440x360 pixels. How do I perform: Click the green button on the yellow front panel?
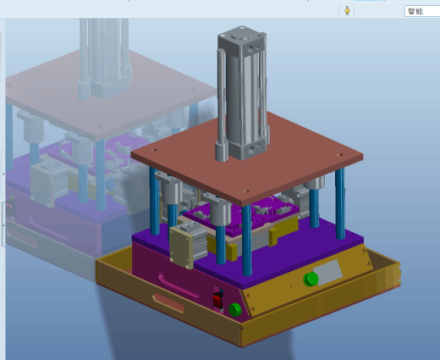tap(311, 279)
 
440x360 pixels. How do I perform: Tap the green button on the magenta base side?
tap(234, 310)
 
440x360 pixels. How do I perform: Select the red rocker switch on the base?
tap(217, 300)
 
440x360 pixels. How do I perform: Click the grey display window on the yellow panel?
tap(327, 273)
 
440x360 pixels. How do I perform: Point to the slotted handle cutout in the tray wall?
tap(168, 303)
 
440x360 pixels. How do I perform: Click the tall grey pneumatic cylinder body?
tap(243, 93)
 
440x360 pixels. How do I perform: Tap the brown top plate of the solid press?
tap(247, 158)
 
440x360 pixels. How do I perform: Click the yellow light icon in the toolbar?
tap(347, 11)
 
